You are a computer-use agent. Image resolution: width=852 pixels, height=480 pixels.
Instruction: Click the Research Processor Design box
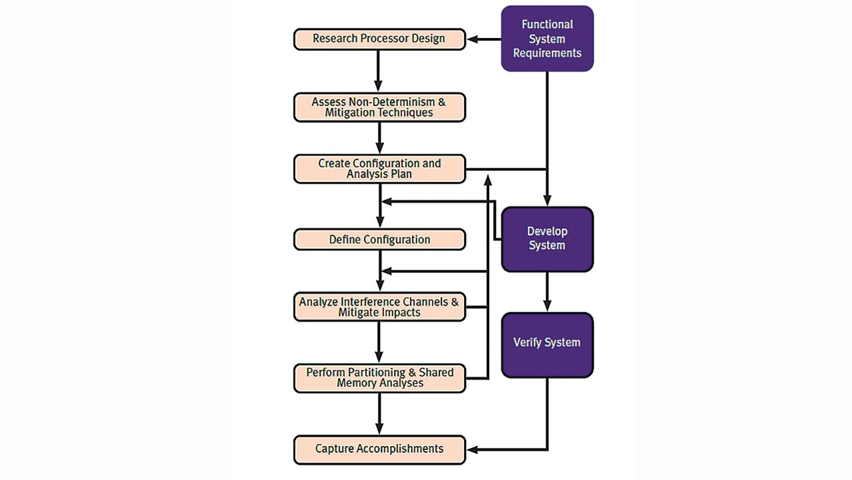[379, 39]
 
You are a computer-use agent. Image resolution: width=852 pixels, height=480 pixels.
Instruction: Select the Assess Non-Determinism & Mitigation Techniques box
[379, 107]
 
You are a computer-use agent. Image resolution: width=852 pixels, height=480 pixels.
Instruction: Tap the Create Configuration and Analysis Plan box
[379, 168]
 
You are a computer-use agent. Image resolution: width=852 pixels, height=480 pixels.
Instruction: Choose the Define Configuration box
[379, 240]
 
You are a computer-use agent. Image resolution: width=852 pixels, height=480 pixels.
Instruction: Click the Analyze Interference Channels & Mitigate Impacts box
[379, 307]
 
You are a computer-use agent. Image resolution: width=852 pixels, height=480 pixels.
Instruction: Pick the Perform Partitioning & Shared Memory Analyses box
[379, 377]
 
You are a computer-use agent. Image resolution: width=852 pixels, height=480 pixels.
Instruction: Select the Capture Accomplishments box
[379, 449]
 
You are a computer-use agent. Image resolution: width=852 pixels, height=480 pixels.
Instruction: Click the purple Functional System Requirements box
[547, 39]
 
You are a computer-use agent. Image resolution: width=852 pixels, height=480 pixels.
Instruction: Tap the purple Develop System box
[547, 239]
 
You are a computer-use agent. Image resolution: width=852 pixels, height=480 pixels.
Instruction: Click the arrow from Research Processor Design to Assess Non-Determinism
[379, 71]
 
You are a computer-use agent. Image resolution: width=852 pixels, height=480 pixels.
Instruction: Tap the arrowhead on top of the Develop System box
[547, 200]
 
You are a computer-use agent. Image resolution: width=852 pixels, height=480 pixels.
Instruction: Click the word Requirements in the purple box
[547, 53]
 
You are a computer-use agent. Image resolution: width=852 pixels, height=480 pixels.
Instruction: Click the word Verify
[529, 343]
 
